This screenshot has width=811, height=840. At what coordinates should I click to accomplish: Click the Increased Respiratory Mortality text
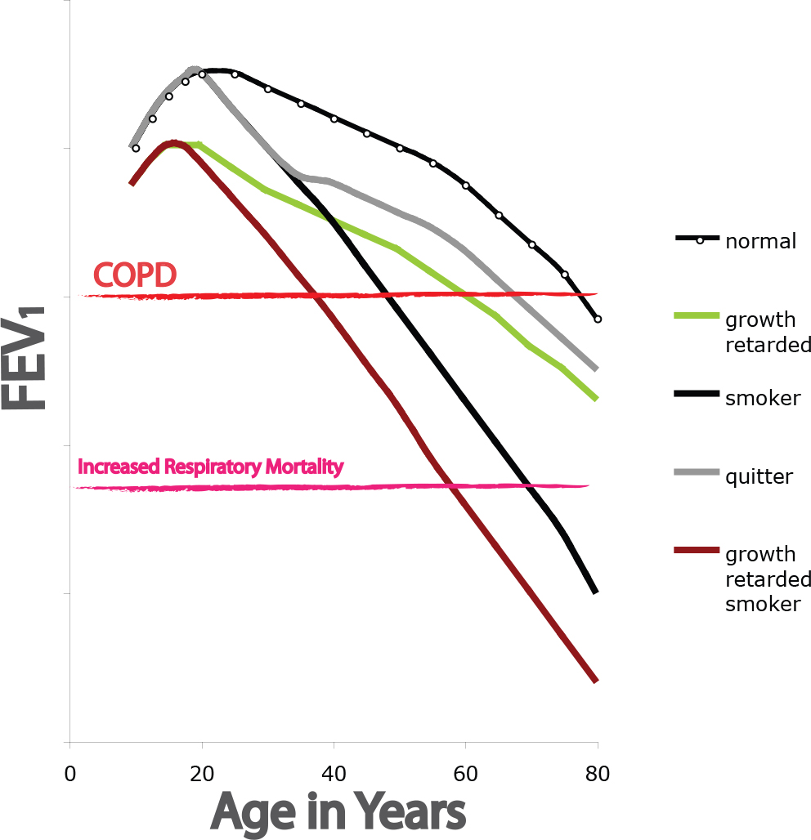click(210, 467)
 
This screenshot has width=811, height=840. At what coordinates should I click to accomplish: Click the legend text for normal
click(760, 242)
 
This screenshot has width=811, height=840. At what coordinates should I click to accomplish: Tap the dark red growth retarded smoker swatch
click(697, 552)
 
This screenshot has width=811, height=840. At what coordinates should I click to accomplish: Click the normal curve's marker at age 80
click(598, 319)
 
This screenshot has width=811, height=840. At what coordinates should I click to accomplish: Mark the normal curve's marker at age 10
click(136, 148)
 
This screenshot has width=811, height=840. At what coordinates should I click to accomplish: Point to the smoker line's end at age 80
click(596, 592)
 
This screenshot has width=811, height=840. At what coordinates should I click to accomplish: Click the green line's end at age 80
click(597, 398)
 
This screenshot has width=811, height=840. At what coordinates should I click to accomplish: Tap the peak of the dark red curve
click(173, 143)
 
